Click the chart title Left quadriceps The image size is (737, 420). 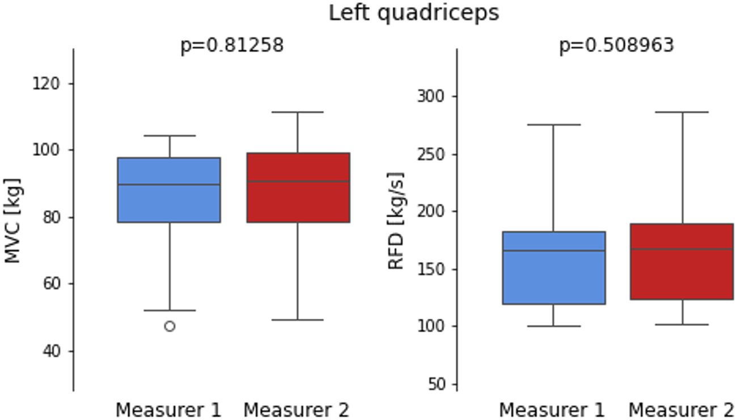(x=414, y=12)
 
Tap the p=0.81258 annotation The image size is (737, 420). (x=232, y=45)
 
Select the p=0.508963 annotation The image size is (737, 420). (x=616, y=45)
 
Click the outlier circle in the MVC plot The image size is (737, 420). (x=170, y=326)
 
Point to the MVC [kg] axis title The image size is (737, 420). (x=12, y=220)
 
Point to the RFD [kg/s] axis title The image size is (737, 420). (x=396, y=220)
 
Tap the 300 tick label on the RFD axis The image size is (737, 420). (x=431, y=96)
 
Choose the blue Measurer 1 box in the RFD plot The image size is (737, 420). (x=553, y=277)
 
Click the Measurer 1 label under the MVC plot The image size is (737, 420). (x=168, y=409)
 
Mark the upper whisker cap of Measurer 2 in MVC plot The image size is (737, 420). (x=298, y=112)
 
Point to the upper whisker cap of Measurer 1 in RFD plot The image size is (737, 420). (x=553, y=125)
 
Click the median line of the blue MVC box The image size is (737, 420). (x=169, y=185)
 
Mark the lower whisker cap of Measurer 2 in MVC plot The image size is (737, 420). (x=298, y=320)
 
